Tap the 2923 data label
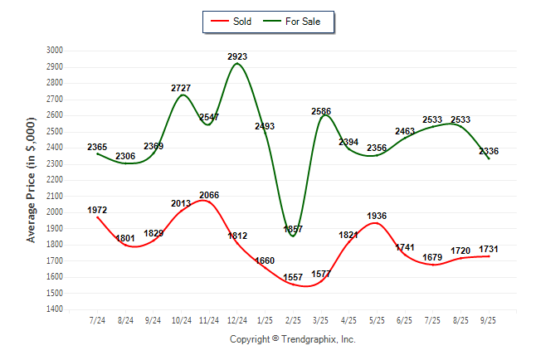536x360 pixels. pos(237,56)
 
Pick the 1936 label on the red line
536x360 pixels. pos(377,216)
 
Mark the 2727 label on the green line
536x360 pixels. pos(182,88)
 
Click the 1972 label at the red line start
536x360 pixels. pos(97,210)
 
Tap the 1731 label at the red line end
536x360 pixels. pos(489,250)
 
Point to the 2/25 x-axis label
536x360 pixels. pos(293,319)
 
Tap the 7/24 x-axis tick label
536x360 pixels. pos(97,319)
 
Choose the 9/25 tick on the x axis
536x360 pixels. pos(489,319)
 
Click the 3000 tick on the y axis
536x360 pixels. pos(55,51)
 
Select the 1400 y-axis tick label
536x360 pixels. pos(55,309)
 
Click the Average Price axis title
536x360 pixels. pos(32,179)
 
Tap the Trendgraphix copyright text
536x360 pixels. pos(292,339)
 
